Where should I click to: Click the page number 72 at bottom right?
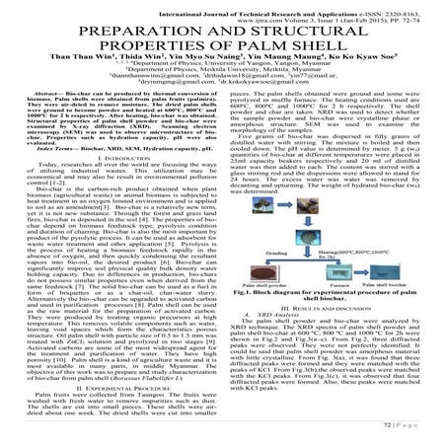[x=415, y=433]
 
